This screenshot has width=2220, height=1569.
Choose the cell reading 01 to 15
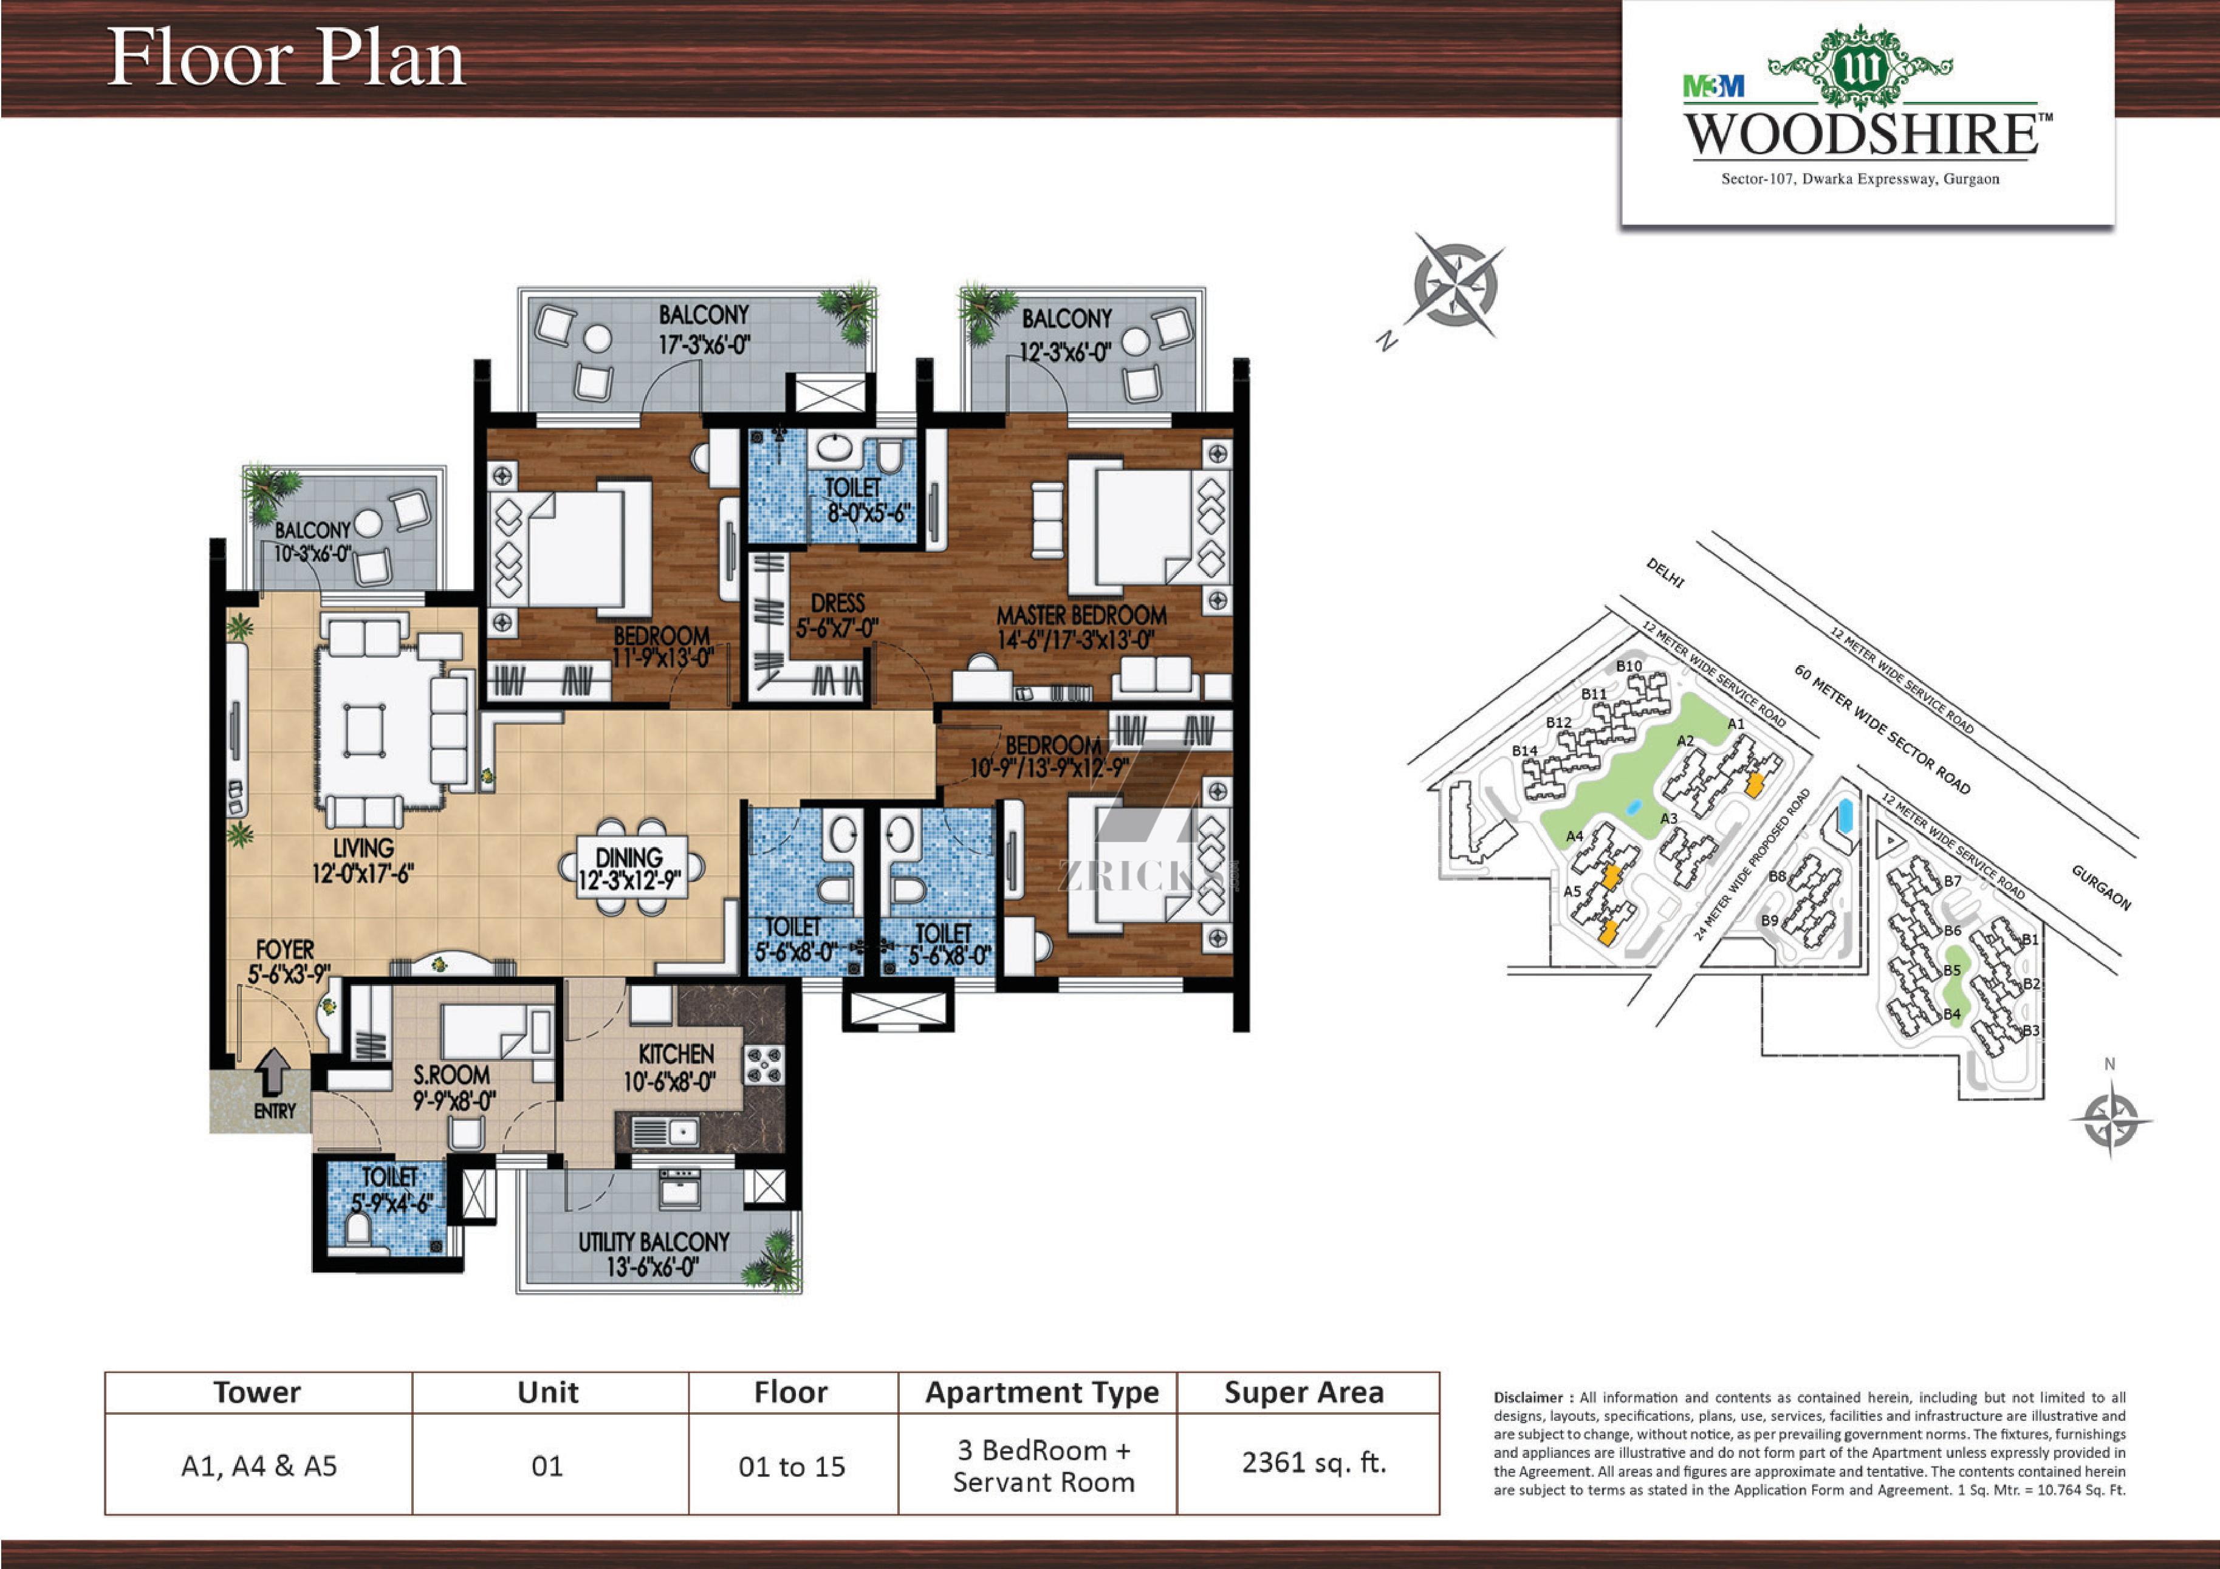pyautogui.click(x=792, y=1466)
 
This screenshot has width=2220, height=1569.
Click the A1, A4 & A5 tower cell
pyautogui.click(x=259, y=1466)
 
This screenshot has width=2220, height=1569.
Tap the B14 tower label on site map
pyautogui.click(x=1525, y=750)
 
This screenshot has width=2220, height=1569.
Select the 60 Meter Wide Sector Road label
pyautogui.click(x=1882, y=729)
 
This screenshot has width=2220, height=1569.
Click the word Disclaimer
pyautogui.click(x=1529, y=1398)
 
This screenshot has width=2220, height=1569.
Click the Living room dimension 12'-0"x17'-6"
pyautogui.click(x=363, y=873)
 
